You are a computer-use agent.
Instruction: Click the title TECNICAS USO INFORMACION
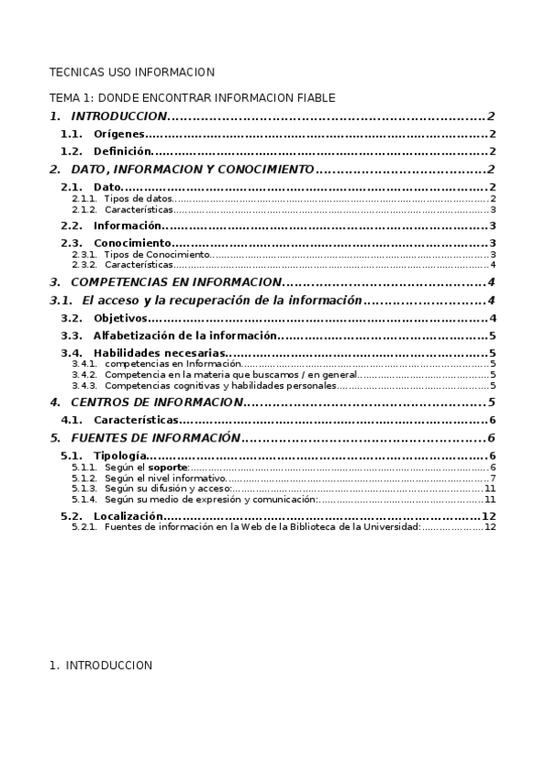click(x=131, y=72)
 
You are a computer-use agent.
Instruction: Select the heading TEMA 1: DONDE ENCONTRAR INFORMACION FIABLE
click(x=191, y=97)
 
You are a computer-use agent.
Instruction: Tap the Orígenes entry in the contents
click(x=118, y=134)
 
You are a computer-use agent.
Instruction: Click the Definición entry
click(x=122, y=152)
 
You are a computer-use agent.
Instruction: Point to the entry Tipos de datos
click(x=138, y=198)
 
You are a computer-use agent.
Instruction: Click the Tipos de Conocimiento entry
click(x=157, y=254)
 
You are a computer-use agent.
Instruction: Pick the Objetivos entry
click(x=119, y=318)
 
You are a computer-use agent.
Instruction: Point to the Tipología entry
click(x=118, y=455)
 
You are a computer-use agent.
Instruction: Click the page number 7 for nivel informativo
click(x=492, y=478)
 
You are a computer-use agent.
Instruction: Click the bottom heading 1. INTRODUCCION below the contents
click(x=100, y=665)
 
